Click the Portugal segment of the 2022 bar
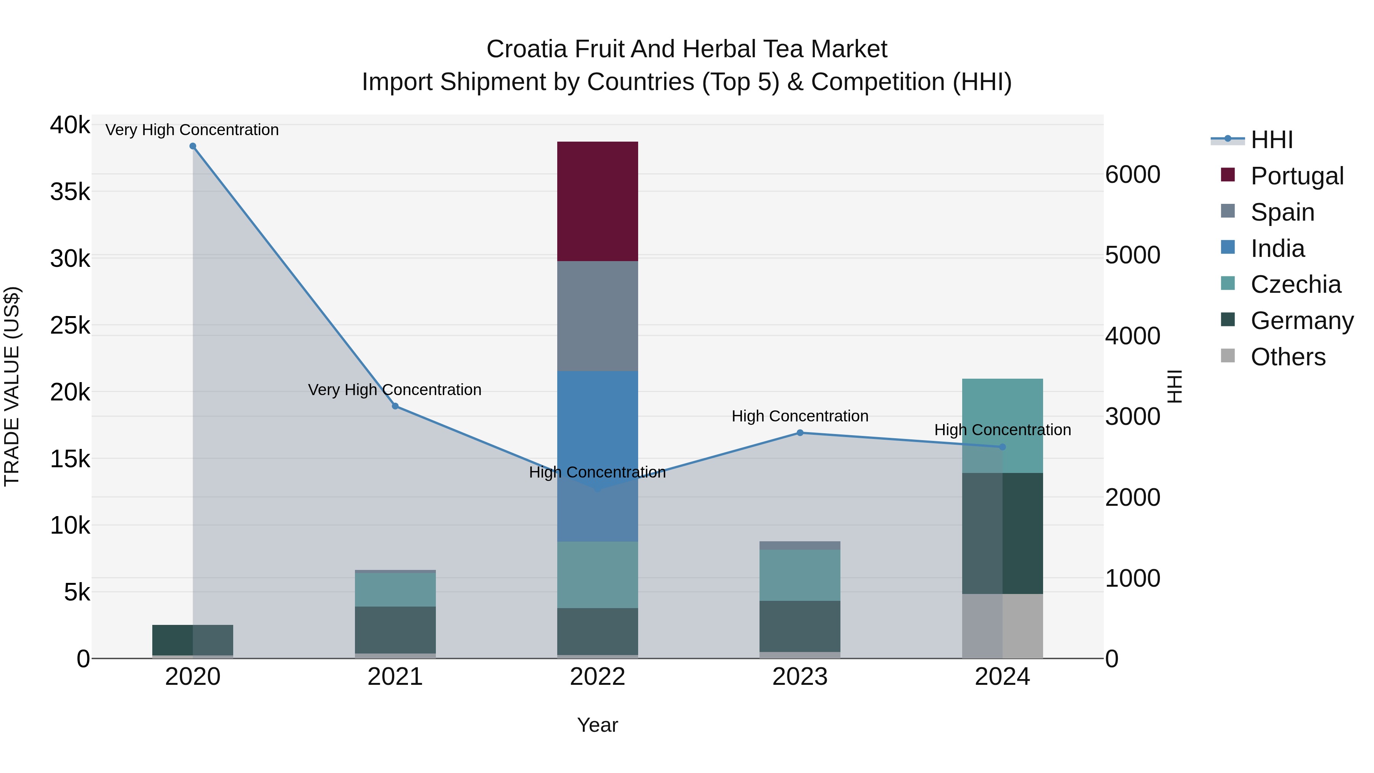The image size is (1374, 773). (x=597, y=201)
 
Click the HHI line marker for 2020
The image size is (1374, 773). (x=193, y=146)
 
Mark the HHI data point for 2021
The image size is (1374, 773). (x=395, y=406)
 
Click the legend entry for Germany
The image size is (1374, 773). (x=1301, y=321)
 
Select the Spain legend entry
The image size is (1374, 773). (x=1282, y=212)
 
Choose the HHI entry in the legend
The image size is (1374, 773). (x=1272, y=140)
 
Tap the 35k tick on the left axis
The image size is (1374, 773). (x=70, y=192)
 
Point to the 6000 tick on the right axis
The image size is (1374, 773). (x=1132, y=175)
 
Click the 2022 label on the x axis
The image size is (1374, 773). (x=597, y=677)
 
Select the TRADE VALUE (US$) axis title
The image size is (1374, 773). (x=12, y=386)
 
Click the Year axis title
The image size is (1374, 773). (x=597, y=725)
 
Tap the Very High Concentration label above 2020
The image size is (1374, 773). (x=192, y=130)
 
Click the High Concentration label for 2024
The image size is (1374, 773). (x=1002, y=429)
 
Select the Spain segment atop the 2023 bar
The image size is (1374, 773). (x=800, y=545)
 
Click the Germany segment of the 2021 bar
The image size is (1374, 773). (x=395, y=629)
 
